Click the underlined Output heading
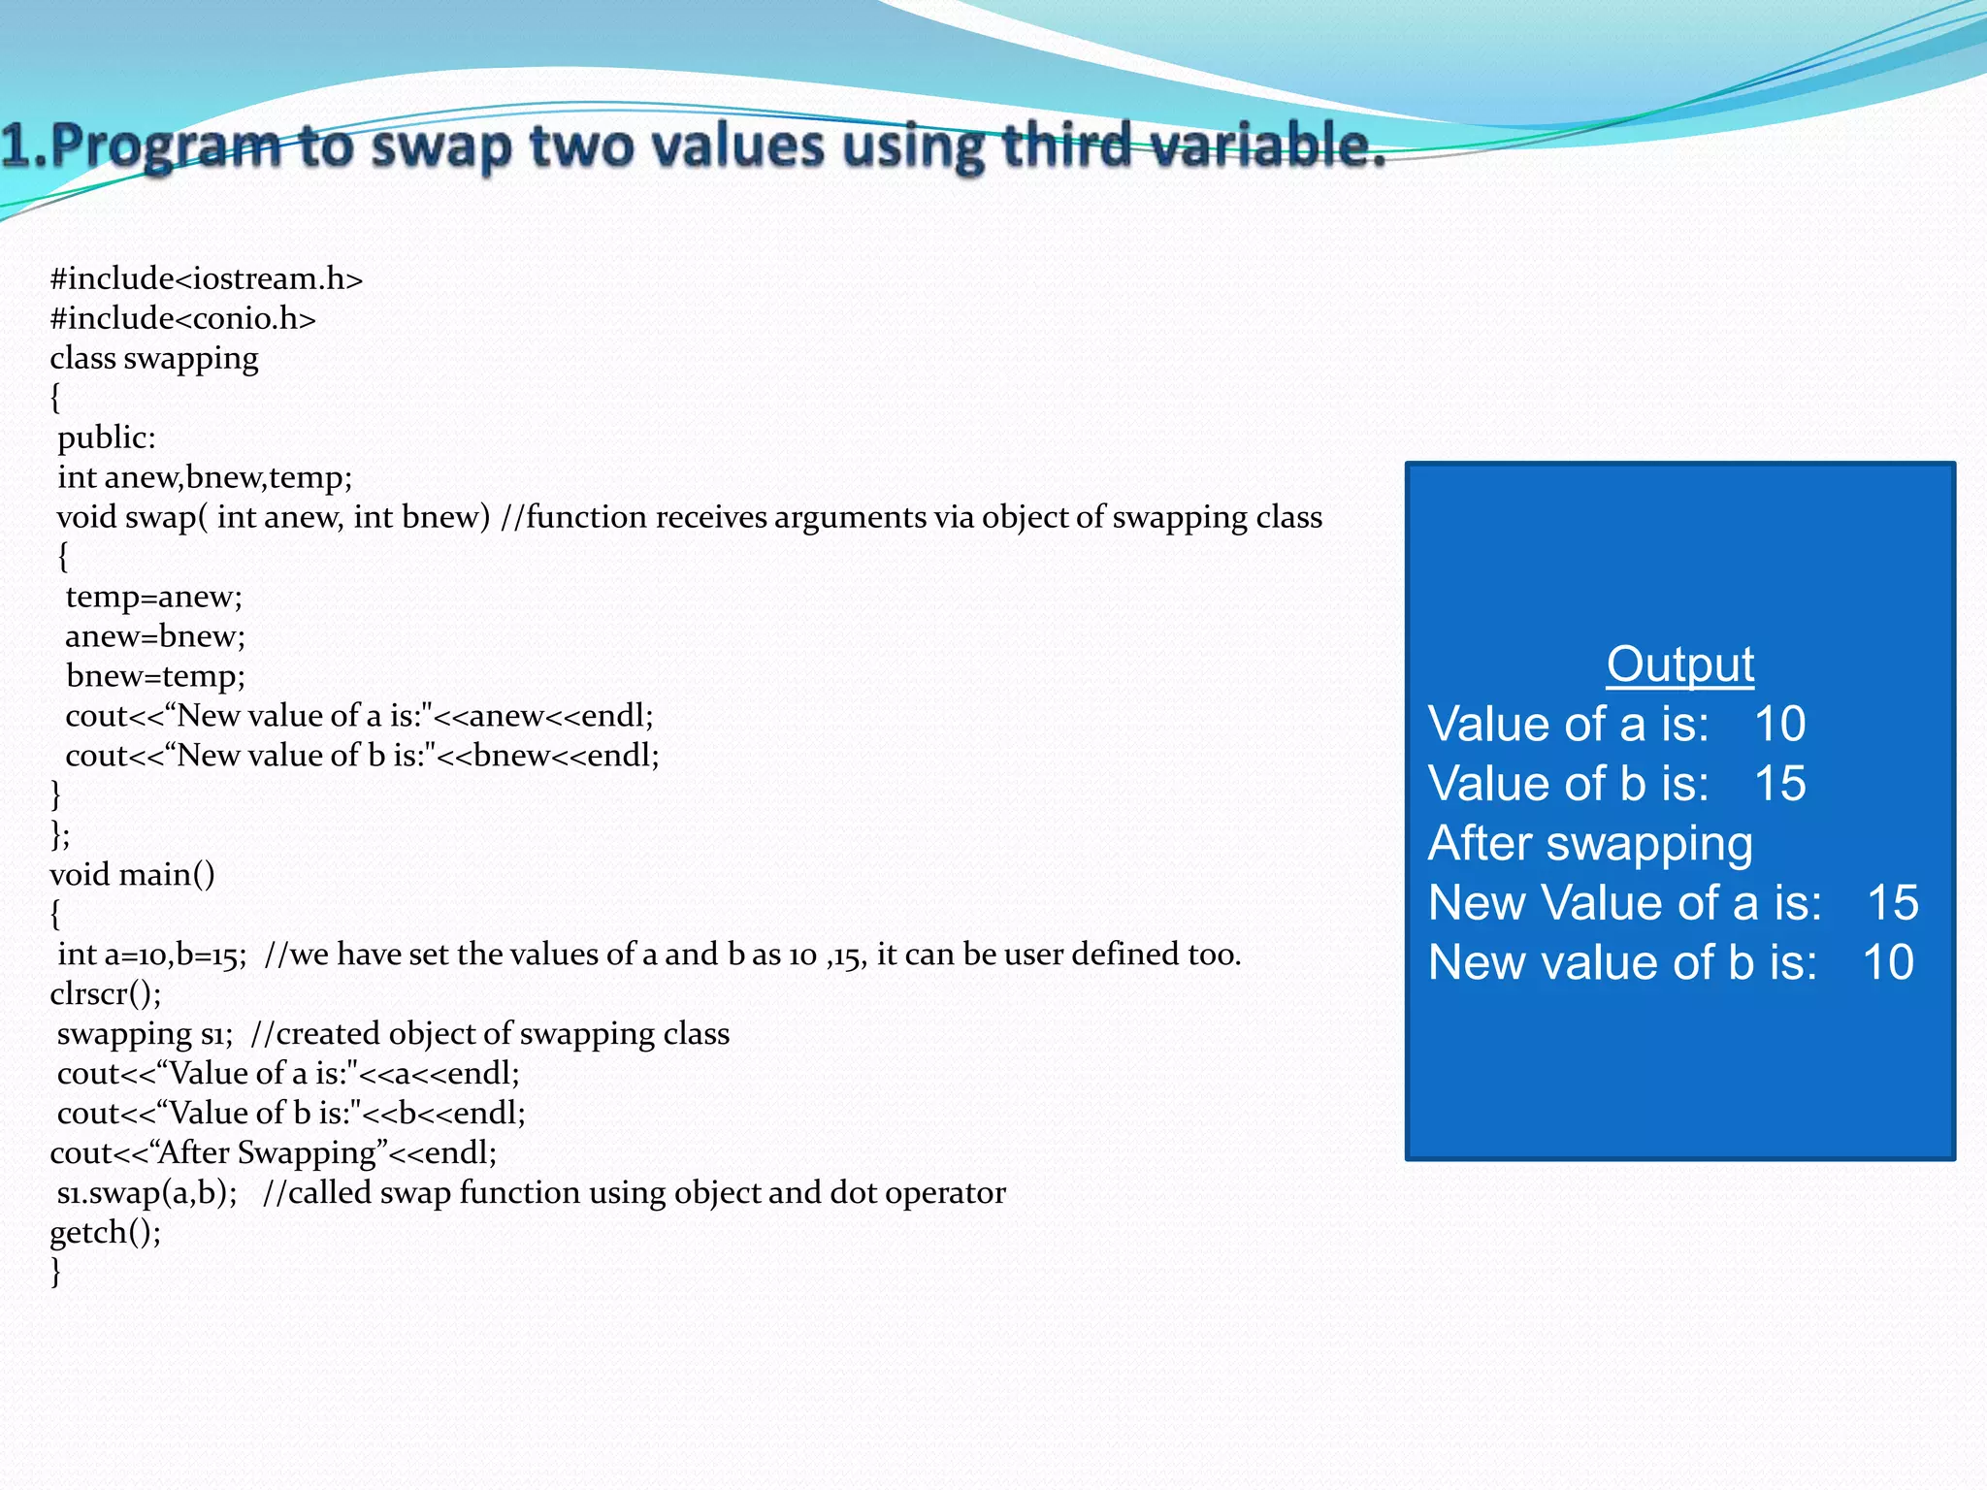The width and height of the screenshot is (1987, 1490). [x=1679, y=665]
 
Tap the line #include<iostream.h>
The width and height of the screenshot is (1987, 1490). [x=206, y=279]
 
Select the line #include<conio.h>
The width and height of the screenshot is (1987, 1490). [x=182, y=319]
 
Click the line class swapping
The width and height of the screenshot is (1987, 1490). [x=153, y=359]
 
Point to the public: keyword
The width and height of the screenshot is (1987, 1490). [x=106, y=438]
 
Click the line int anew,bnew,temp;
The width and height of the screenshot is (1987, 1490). [x=204, y=478]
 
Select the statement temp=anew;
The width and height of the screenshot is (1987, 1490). [x=153, y=597]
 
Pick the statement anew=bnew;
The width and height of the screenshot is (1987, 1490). [x=154, y=636]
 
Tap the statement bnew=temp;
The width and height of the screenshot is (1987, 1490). [x=155, y=676]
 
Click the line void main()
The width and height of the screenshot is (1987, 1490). [x=132, y=875]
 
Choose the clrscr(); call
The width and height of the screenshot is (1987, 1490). [x=105, y=994]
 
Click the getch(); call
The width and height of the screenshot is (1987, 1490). [x=105, y=1233]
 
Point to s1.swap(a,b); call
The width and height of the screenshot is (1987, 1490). [x=147, y=1193]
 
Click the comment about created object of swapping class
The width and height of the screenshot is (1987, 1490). [x=490, y=1034]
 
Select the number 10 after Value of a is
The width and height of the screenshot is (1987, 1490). [x=1779, y=725]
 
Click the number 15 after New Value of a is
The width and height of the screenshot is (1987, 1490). [x=1892, y=903]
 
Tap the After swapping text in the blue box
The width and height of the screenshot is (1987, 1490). [x=1590, y=844]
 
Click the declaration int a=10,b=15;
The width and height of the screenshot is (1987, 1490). [x=151, y=955]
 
